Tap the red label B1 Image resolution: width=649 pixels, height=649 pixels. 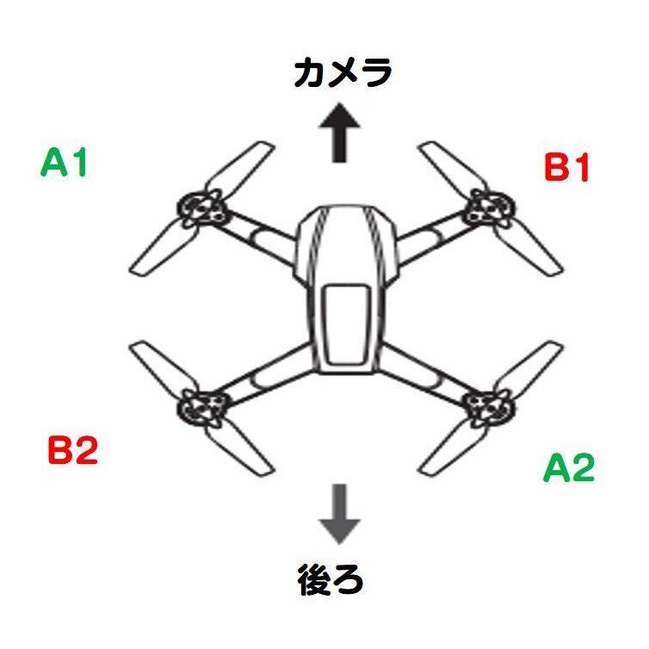(x=567, y=168)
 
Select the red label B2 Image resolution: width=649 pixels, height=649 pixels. (x=72, y=450)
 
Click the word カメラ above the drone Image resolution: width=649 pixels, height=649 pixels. (x=342, y=72)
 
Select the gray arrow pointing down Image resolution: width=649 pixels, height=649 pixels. (x=342, y=512)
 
